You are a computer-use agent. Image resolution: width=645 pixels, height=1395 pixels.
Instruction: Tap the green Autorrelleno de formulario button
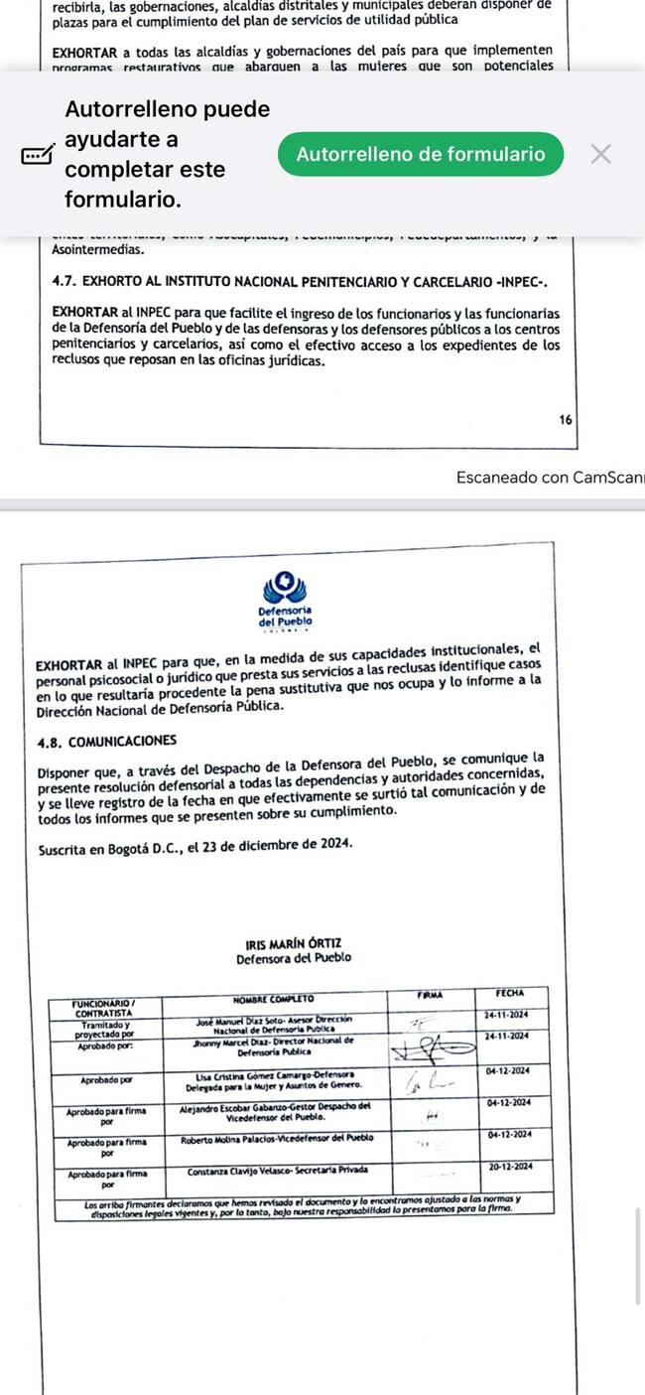(x=421, y=154)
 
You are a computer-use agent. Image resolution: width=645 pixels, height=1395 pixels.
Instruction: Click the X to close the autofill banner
(x=600, y=154)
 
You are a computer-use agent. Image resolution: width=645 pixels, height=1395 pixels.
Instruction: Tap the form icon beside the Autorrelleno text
(x=38, y=155)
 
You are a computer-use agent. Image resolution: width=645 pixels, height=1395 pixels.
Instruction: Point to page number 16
(x=566, y=420)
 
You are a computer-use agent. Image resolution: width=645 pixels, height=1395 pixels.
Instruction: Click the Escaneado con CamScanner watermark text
(x=550, y=478)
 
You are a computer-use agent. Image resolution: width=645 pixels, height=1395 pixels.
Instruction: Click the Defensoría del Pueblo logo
(x=285, y=600)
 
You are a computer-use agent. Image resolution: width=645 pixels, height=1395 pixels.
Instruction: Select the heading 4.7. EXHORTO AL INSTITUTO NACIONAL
(x=300, y=281)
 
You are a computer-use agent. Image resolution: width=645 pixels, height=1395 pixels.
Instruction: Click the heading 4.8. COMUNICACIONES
(x=107, y=741)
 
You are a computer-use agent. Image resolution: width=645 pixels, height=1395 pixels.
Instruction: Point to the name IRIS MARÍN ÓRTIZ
(x=293, y=942)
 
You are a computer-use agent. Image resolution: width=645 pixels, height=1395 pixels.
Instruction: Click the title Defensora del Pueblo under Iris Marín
(x=293, y=958)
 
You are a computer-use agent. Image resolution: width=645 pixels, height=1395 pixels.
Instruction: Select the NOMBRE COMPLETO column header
(x=273, y=998)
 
